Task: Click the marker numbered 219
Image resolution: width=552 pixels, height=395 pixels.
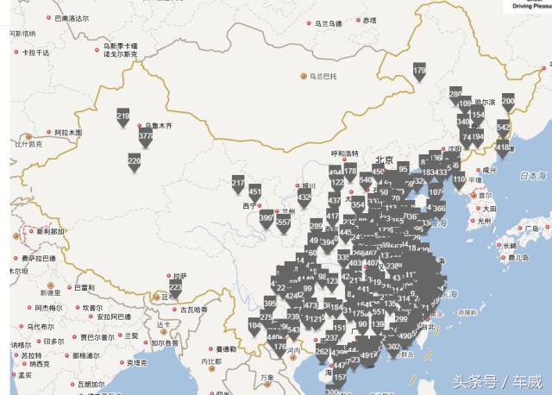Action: click(x=122, y=117)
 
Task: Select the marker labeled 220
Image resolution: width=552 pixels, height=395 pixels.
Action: click(x=134, y=161)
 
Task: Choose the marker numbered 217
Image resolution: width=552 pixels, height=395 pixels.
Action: click(x=238, y=185)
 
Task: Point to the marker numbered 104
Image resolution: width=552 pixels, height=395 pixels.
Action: click(x=254, y=327)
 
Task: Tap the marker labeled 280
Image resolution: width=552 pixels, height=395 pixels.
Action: click(x=455, y=94)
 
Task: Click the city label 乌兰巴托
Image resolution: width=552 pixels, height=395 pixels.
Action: click(x=323, y=76)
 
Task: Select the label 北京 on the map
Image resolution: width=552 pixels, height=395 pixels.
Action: click(x=384, y=160)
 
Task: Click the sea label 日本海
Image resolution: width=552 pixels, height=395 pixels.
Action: click(x=528, y=176)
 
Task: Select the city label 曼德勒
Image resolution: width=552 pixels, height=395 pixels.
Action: click(x=225, y=348)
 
